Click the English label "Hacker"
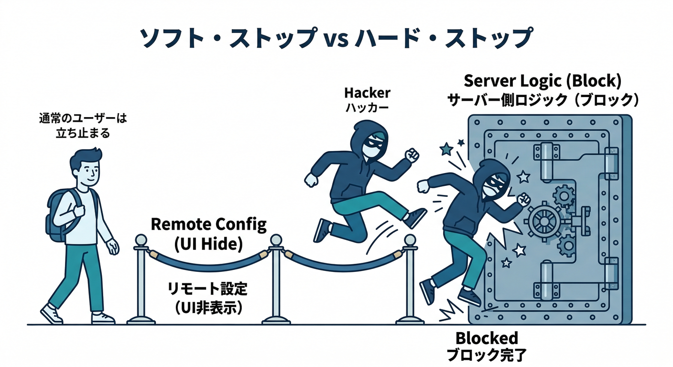(367, 93)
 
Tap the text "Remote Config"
(208, 225)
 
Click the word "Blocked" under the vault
(487, 338)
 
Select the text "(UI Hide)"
(208, 244)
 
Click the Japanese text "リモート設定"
(208, 289)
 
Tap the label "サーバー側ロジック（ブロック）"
(543, 100)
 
